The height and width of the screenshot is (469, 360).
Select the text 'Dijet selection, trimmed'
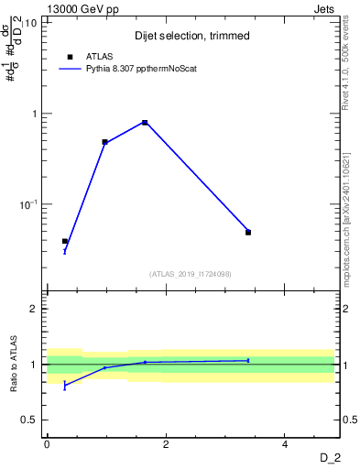pos(191,36)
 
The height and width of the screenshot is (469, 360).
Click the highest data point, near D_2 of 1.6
pos(145,123)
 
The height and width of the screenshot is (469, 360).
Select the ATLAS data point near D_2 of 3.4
pos(248,233)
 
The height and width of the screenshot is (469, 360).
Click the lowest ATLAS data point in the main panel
pos(65,242)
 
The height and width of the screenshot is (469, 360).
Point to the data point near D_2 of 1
pos(104,142)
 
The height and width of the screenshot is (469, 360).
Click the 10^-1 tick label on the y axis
pos(28,203)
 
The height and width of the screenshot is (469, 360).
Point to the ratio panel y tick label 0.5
pos(30,420)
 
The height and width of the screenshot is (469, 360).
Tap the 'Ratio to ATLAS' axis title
pos(13,365)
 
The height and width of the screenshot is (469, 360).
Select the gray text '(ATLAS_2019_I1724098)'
pos(191,273)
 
